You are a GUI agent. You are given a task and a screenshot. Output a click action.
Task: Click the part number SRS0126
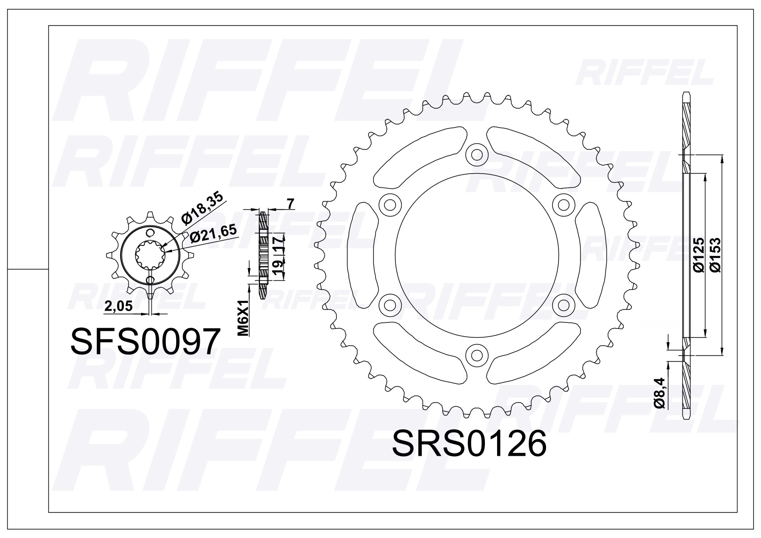pyautogui.click(x=470, y=443)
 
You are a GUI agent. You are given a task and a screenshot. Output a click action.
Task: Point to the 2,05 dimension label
pyautogui.click(x=118, y=307)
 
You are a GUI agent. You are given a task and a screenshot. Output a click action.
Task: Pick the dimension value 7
pyautogui.click(x=291, y=204)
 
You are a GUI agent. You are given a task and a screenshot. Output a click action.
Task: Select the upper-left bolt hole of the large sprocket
pyautogui.click(x=390, y=204)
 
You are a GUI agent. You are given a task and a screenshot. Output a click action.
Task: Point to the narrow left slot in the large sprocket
pyautogui.click(x=364, y=255)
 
